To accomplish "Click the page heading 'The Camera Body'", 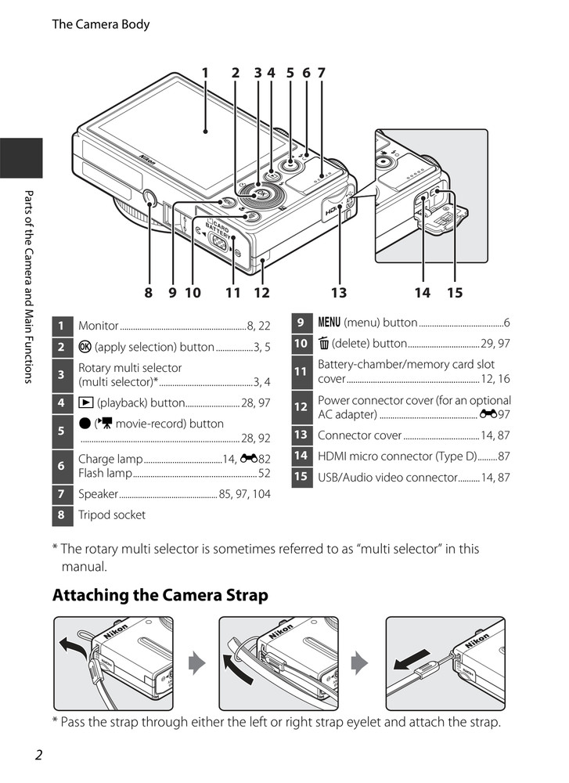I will [100, 24].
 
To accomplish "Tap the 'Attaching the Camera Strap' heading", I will [160, 595].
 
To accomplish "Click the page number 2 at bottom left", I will [39, 755].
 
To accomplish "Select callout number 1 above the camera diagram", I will [205, 73].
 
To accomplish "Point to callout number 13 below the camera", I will [338, 293].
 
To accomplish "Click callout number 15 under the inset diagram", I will [455, 293].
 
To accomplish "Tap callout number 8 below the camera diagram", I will [148, 293].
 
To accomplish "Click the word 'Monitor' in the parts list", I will [99, 326].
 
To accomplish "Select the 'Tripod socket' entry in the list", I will [112, 514].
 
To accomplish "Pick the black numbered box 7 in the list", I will [61, 494].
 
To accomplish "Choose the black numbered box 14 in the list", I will [301, 456].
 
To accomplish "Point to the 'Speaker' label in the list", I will [98, 494].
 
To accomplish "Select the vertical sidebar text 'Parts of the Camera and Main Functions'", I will [27, 286].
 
